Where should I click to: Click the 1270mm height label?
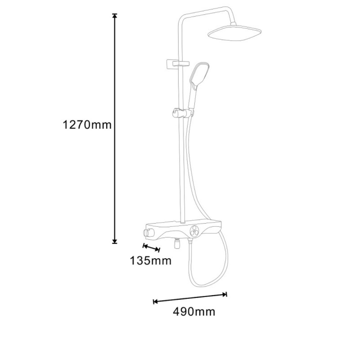click(x=87, y=125)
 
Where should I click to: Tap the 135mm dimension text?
click(x=150, y=261)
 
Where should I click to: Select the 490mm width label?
click(x=194, y=312)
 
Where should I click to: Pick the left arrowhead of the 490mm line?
click(x=155, y=301)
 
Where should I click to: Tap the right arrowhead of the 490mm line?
click(x=225, y=294)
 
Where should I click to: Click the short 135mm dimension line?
click(x=151, y=248)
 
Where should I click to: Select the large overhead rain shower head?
click(x=234, y=33)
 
